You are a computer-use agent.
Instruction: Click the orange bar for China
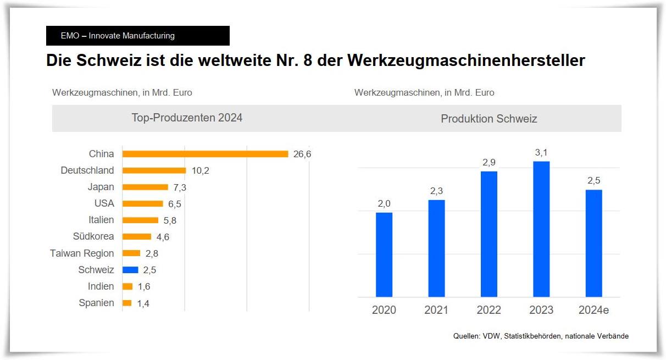click(x=205, y=154)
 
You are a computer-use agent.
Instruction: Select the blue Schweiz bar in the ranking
click(x=130, y=270)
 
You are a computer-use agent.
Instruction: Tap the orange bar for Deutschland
click(x=154, y=170)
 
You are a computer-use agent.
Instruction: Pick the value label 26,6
click(x=302, y=154)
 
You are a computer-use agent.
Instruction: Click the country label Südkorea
click(x=93, y=236)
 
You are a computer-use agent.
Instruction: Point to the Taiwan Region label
click(x=82, y=253)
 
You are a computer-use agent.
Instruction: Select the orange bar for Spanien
click(x=127, y=303)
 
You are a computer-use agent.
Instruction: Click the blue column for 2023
click(x=541, y=229)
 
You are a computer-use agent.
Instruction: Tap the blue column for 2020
click(x=384, y=254)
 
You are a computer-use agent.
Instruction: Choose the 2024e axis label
click(x=593, y=310)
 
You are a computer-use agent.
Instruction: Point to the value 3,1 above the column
click(x=541, y=152)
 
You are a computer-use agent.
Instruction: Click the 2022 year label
click(x=489, y=310)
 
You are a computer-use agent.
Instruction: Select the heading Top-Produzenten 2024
click(x=187, y=118)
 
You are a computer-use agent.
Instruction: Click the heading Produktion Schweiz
click(x=489, y=119)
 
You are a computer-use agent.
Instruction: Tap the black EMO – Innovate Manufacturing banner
click(x=138, y=36)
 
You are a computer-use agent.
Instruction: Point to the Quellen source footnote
click(x=541, y=336)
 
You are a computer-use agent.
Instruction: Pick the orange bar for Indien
click(x=127, y=286)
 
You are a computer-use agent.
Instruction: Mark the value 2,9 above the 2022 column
click(x=489, y=163)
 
